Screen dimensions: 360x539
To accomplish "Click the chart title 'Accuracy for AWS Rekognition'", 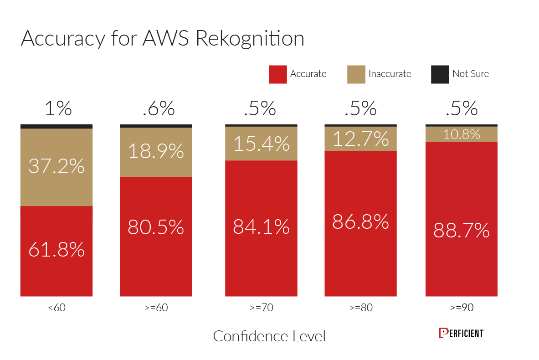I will tap(162, 39).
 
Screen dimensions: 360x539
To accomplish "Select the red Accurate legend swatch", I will tap(277, 74).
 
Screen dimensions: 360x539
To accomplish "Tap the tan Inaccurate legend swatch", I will tap(356, 74).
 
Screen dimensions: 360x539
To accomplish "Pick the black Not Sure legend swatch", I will tap(440, 74).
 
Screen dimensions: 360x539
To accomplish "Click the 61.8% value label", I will tap(56, 250).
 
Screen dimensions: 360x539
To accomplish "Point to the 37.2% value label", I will tap(56, 167).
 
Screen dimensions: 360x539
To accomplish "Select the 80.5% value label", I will tap(156, 227).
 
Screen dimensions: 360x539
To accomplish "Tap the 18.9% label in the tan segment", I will tap(156, 151).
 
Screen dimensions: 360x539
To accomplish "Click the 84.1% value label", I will tap(261, 226).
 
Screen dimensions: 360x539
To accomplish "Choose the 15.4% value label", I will tap(261, 144).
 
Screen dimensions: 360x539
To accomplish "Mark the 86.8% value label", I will tap(360, 221).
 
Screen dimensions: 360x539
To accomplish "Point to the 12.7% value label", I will tap(360, 139).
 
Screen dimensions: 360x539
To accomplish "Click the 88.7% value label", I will tap(461, 231).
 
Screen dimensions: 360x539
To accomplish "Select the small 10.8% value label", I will tap(461, 134).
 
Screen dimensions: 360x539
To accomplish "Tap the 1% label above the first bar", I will tap(58, 109).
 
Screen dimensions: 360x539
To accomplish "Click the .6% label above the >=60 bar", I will tap(158, 109).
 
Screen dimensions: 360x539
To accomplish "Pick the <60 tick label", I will tap(56, 308).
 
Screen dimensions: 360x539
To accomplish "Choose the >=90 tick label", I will tap(462, 308).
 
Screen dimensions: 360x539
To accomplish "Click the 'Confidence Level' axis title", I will tap(269, 336).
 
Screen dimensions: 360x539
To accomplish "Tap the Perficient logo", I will tap(461, 333).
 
